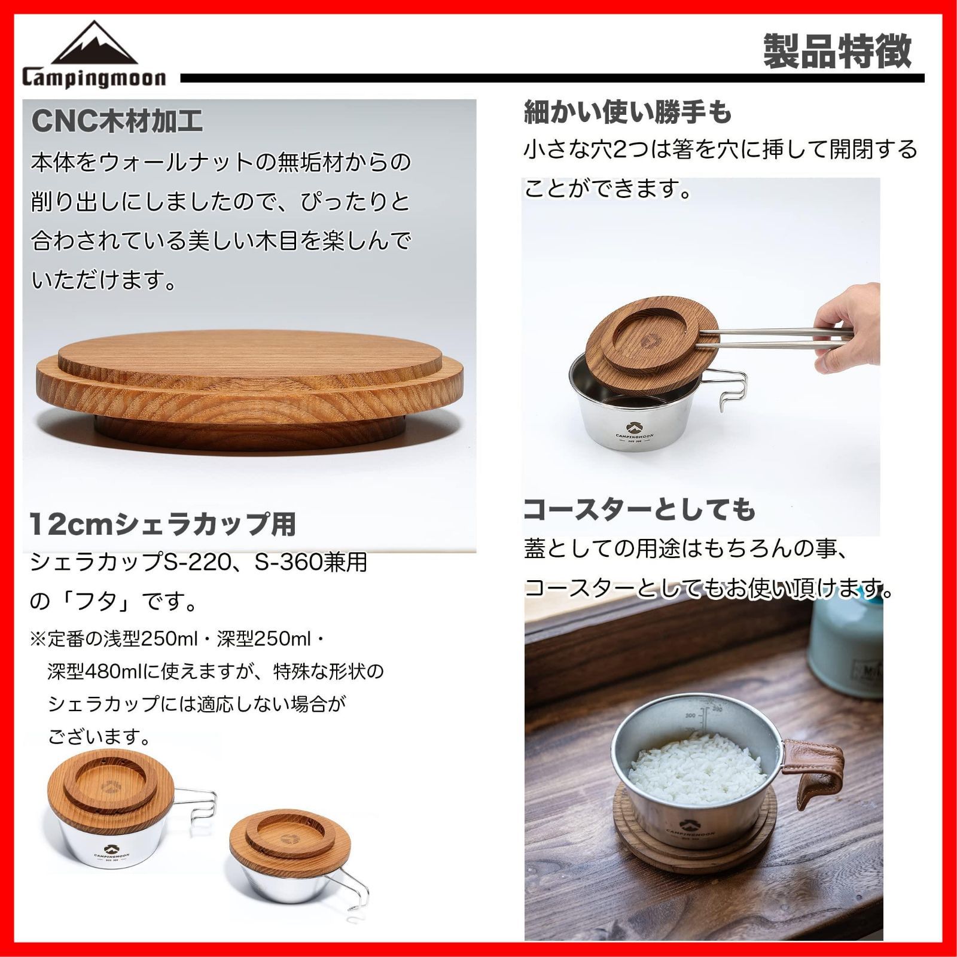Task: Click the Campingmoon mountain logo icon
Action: [95, 44]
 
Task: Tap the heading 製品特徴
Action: [837, 51]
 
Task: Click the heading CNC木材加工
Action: [117, 121]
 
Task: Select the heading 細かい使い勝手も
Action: [627, 112]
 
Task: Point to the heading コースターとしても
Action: [639, 510]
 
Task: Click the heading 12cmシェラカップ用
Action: [163, 525]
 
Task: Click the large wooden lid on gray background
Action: [250, 383]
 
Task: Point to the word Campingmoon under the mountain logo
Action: [95, 78]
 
